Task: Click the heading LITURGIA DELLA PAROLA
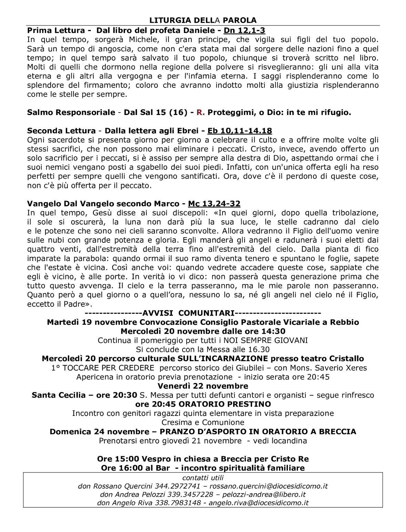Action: [203, 20]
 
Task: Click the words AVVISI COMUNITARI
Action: [188, 313]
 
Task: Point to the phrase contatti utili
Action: [203, 478]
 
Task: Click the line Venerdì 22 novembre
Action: [203, 386]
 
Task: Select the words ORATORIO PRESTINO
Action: [225, 404]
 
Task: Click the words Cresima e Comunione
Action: [203, 422]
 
